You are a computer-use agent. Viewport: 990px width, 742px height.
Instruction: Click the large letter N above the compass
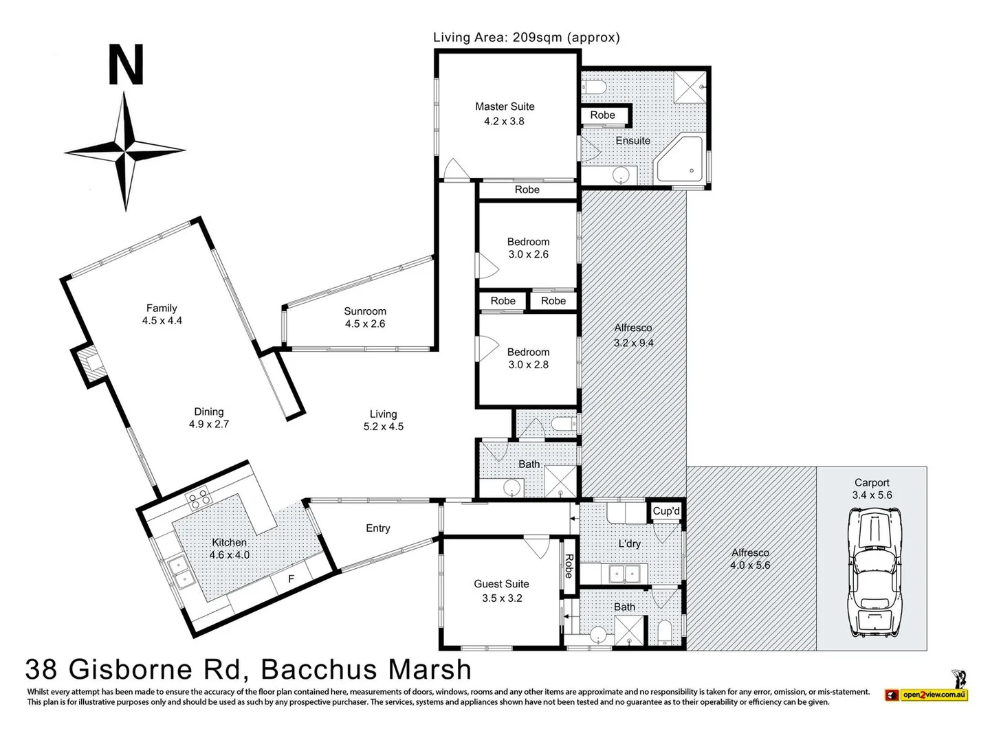click(126, 65)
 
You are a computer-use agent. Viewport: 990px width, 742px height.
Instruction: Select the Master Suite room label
click(505, 106)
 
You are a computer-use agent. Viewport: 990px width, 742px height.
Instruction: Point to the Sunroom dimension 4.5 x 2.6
click(365, 324)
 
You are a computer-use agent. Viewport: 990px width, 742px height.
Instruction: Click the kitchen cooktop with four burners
click(197, 498)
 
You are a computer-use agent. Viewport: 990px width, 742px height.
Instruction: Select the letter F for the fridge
click(291, 579)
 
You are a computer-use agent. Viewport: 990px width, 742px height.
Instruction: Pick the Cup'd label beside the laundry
click(666, 511)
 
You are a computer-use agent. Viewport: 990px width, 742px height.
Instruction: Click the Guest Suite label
click(501, 584)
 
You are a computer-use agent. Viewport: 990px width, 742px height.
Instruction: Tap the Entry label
click(377, 528)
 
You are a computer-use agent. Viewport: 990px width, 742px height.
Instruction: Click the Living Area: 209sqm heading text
click(526, 38)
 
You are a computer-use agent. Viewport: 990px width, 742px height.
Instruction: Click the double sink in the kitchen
click(179, 574)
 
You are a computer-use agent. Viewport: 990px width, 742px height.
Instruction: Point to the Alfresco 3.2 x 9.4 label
click(633, 336)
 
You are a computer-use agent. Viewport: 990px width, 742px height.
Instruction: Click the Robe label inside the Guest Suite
click(569, 566)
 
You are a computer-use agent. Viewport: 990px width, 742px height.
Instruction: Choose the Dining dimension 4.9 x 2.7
click(209, 425)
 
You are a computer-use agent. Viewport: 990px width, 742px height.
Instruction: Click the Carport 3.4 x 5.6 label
click(872, 488)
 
